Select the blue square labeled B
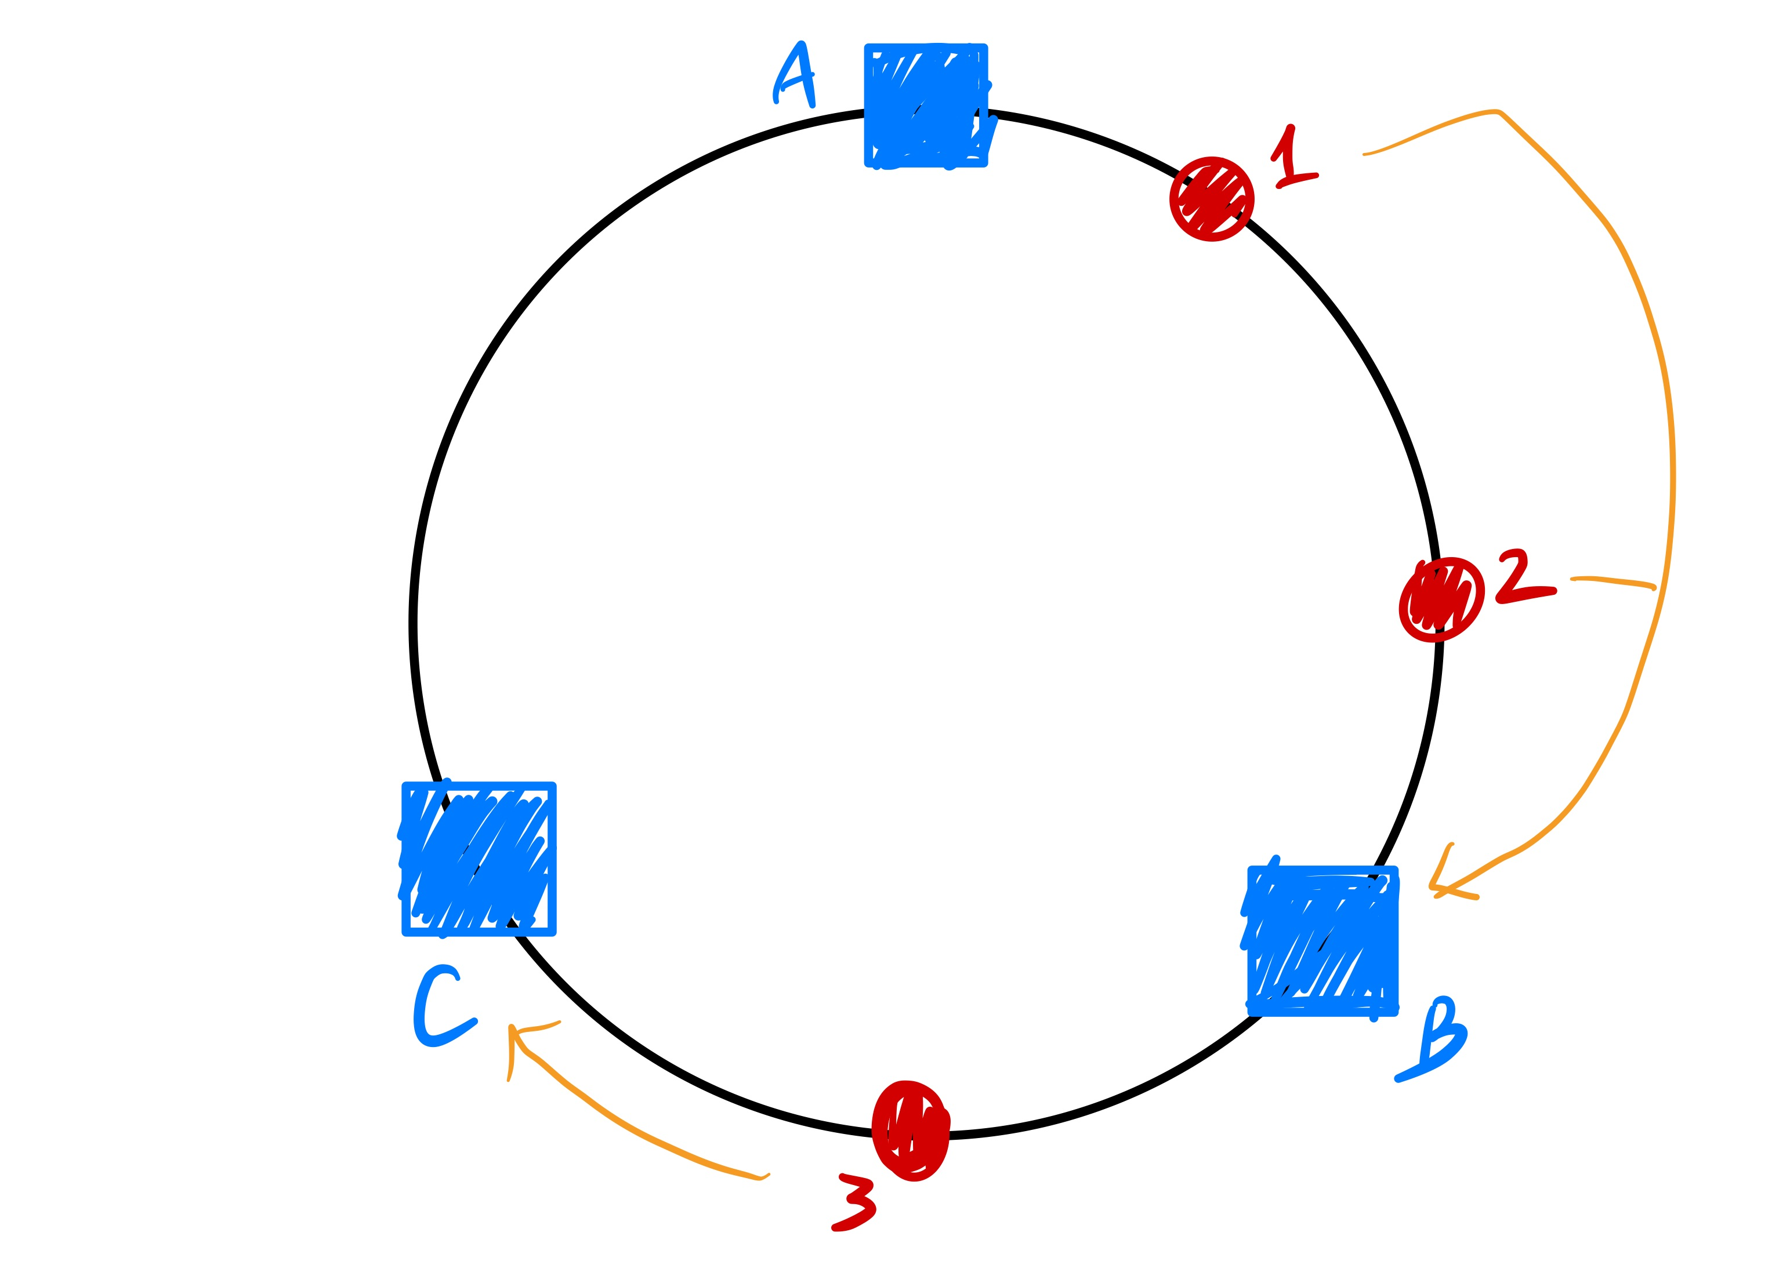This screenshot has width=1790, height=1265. click(x=1322, y=941)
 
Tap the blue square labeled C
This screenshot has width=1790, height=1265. click(x=479, y=858)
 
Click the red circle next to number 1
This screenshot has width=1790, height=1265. click(x=1212, y=199)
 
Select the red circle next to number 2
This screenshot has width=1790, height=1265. click(x=1440, y=599)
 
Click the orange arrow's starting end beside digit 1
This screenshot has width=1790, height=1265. click(x=1366, y=154)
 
